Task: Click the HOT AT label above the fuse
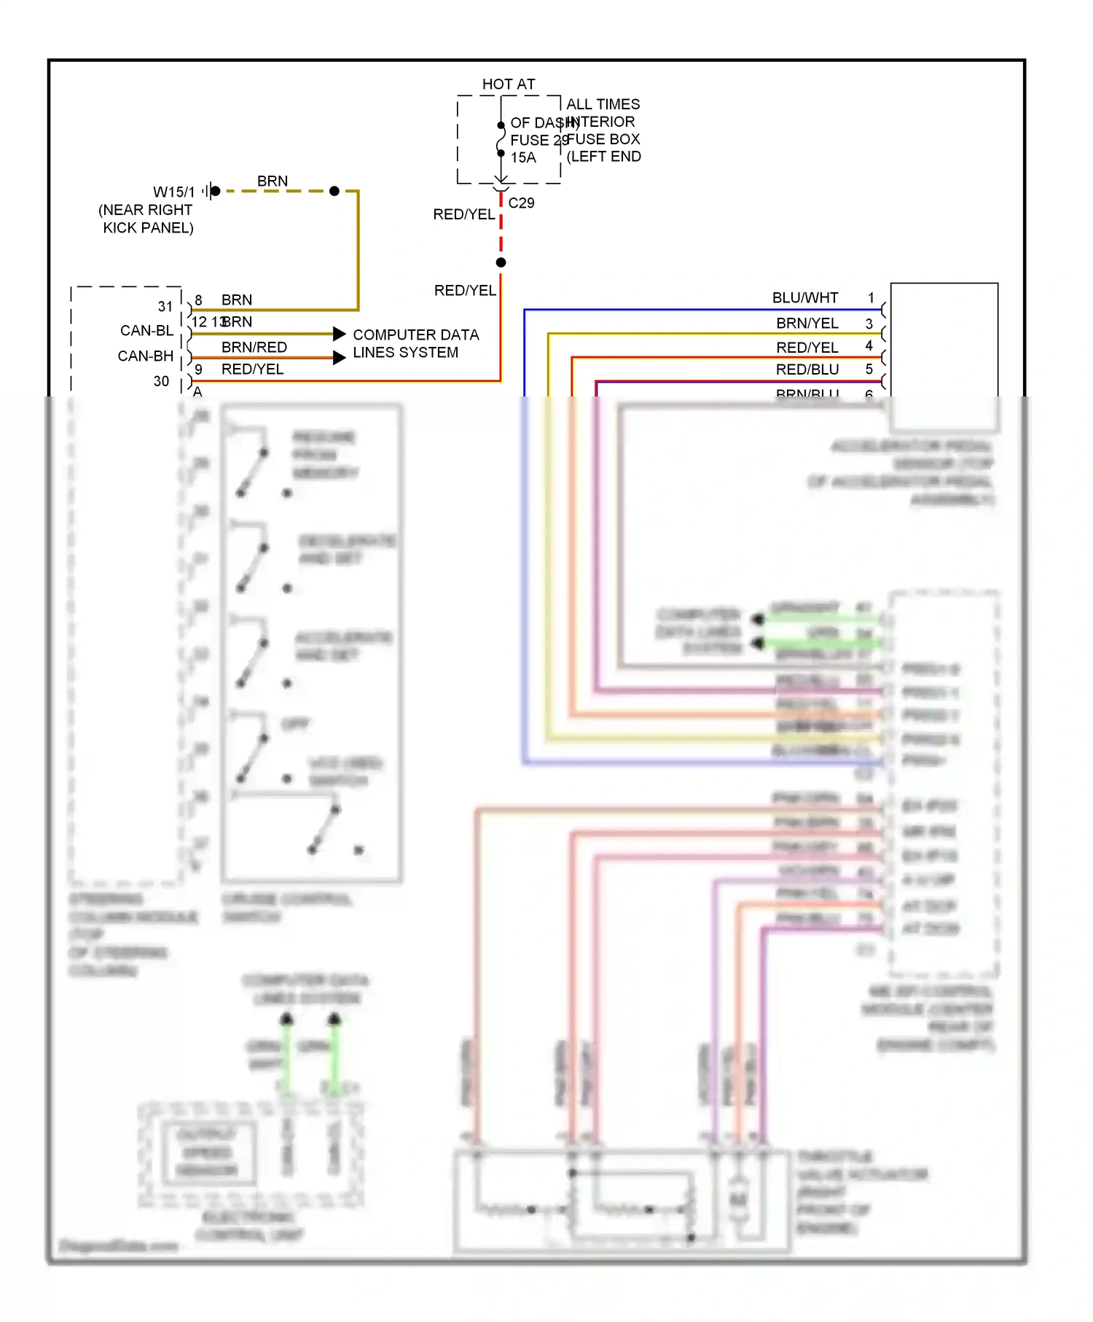tap(508, 85)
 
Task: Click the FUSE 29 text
tap(538, 140)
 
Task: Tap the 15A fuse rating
tap(522, 157)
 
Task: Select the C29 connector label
tap(521, 203)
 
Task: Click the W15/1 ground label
tap(173, 192)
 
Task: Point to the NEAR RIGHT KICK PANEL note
tap(146, 219)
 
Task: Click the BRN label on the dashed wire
tap(272, 181)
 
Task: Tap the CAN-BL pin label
tap(146, 331)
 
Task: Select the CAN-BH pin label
tap(145, 356)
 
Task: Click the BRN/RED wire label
tap(254, 347)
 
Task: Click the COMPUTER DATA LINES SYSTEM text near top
tap(415, 343)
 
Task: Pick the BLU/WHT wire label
tap(804, 297)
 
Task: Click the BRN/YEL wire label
tap(807, 323)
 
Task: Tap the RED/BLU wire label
tap(807, 369)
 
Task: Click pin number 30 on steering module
tap(161, 381)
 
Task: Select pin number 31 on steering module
tap(165, 307)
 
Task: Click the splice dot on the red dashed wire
tap(501, 262)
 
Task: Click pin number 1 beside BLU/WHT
tap(870, 297)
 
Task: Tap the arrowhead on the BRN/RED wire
tap(339, 358)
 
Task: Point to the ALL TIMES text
tap(603, 104)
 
